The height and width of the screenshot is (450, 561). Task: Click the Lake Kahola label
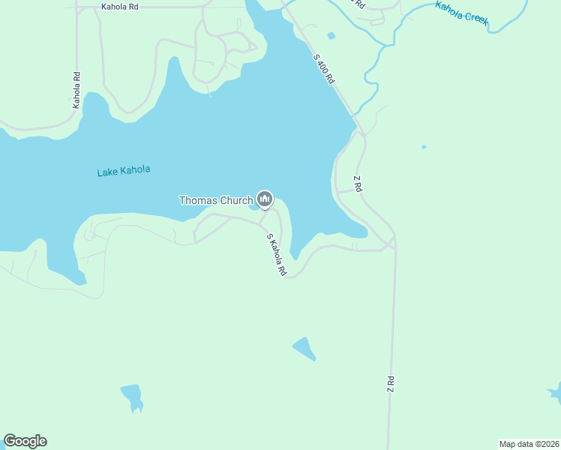pos(124,171)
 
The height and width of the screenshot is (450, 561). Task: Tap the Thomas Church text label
pos(215,200)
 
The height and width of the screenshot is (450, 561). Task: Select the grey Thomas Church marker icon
pos(264,199)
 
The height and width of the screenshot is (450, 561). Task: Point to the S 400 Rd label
pos(323,69)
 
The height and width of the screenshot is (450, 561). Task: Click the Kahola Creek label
pos(462,14)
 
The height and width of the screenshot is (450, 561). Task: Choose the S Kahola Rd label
pos(277,255)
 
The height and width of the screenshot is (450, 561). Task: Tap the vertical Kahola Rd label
pos(76,90)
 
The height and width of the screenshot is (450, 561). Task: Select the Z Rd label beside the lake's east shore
pos(358,184)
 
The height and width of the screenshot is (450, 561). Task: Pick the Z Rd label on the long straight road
pos(391,385)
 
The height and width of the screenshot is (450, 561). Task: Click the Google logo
pos(25,441)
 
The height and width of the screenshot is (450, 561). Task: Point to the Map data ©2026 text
pos(529,444)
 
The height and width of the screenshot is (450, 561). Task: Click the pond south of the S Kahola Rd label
pos(304,348)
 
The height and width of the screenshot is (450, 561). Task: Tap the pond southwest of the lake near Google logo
pos(131,395)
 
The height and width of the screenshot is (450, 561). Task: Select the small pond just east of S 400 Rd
pos(331,35)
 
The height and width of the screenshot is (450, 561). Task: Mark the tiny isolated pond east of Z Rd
pos(424,147)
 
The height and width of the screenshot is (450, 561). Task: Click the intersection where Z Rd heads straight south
pos(393,244)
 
